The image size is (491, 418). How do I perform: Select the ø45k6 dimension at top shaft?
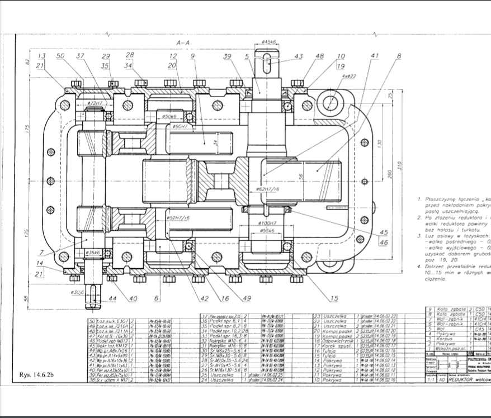270,42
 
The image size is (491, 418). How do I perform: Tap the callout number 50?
60,56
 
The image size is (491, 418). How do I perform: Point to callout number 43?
299,56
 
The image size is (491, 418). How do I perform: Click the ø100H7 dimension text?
267,222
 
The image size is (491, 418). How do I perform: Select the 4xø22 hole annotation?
348,75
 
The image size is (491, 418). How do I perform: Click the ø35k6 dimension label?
93,253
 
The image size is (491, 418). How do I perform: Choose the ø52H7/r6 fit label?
178,217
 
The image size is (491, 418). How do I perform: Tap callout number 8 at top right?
399,56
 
